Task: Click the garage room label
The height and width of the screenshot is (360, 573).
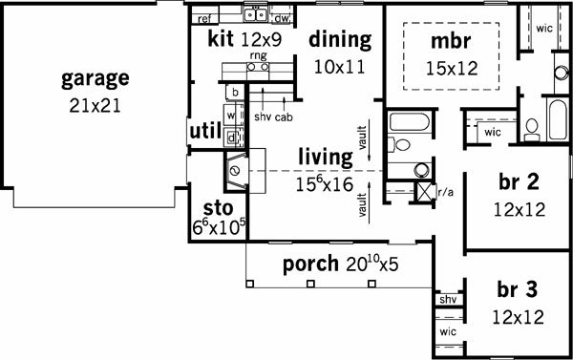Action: (x=95, y=79)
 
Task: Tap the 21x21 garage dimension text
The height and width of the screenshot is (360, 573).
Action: (x=95, y=106)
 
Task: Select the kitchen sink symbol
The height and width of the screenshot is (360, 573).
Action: (x=256, y=14)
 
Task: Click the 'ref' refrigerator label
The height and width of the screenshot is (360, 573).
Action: (x=204, y=19)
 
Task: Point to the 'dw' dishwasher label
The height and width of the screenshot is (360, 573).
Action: (x=282, y=18)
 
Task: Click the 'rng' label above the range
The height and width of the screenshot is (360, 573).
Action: (x=259, y=56)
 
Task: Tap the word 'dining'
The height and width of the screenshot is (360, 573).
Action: (x=340, y=40)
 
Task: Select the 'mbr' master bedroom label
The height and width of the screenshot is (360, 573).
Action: (x=451, y=41)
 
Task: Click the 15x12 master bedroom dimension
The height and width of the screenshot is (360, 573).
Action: (x=452, y=69)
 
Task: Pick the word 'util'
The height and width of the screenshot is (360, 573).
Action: (x=205, y=131)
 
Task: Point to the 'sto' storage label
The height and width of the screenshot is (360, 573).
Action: (x=218, y=209)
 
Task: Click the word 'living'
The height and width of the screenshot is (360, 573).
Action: (x=326, y=158)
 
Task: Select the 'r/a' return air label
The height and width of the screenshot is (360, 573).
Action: (x=445, y=192)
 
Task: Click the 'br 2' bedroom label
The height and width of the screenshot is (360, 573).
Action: (x=519, y=181)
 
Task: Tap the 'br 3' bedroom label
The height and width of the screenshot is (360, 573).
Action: (x=517, y=289)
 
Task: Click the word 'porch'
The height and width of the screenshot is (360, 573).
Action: (x=311, y=265)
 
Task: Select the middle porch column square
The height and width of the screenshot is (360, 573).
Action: (x=310, y=284)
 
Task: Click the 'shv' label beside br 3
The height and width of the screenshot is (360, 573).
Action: (x=448, y=300)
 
